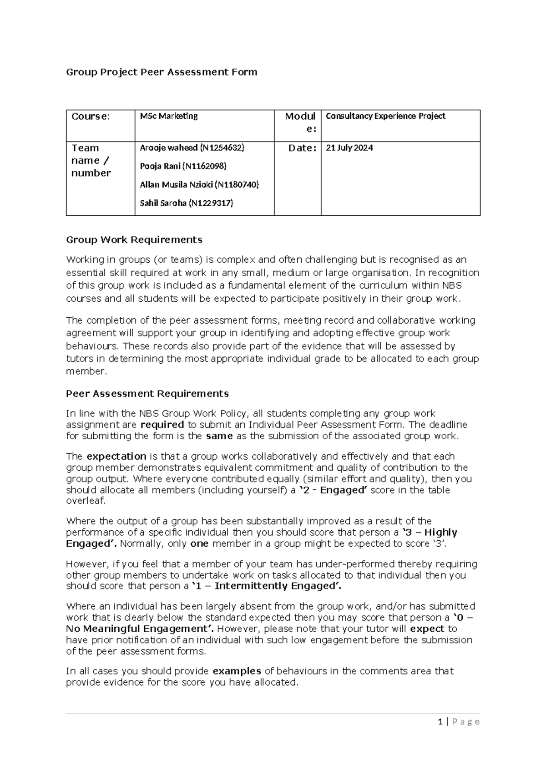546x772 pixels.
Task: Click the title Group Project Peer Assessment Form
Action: pos(162,72)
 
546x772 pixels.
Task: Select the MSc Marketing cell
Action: pos(168,116)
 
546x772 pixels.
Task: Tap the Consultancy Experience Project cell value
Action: pos(385,116)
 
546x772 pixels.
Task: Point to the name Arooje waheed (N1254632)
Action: pos(192,148)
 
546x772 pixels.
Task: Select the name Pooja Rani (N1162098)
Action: pos(183,166)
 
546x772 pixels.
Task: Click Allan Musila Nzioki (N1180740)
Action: pos(199,184)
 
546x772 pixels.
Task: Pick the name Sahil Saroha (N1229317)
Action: pos(186,203)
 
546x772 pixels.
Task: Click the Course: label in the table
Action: pos(91,117)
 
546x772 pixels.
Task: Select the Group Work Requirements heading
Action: pos(134,240)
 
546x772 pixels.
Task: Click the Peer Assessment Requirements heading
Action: pos(147,394)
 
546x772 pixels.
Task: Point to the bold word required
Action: pos(162,425)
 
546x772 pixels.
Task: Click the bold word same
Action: pos(219,436)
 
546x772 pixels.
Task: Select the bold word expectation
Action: pos(116,457)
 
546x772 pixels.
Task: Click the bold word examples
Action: pos(237,671)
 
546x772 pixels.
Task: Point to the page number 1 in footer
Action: pos(440,721)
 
